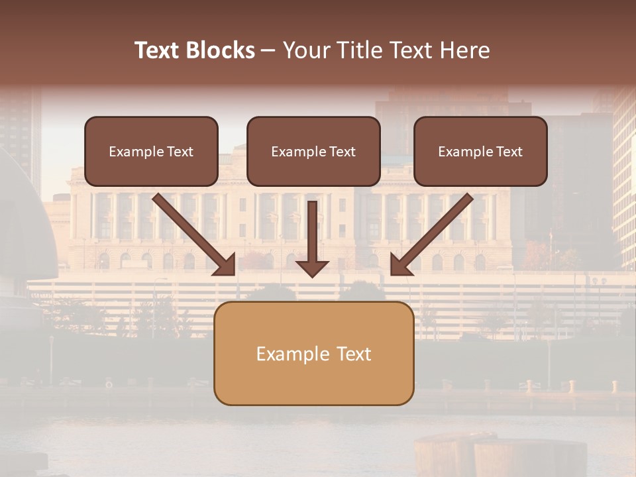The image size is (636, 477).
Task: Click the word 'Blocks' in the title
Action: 219,50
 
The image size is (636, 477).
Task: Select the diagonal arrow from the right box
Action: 437,229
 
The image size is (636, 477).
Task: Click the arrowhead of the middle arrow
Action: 312,266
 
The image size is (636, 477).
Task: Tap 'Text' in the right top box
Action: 509,152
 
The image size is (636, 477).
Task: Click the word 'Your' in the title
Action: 305,50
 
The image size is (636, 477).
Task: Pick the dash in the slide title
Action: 268,51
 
